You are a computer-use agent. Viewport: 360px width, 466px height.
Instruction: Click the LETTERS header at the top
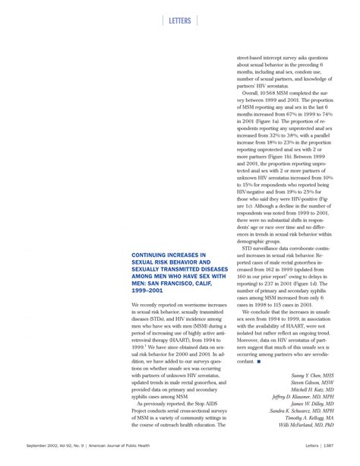[x=179, y=21]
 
